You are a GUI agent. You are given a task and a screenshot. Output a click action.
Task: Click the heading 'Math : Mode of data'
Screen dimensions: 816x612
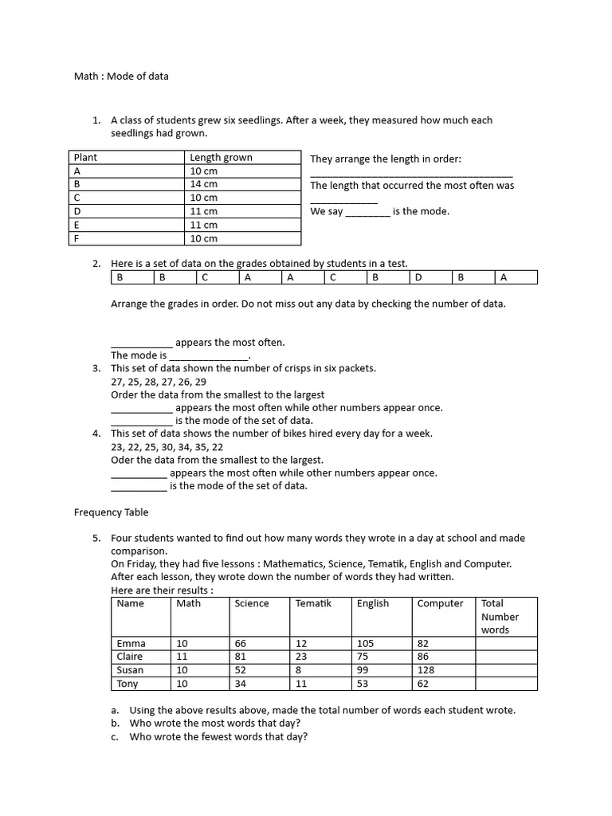(x=121, y=76)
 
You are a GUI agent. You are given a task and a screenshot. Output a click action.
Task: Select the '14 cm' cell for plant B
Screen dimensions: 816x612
(x=203, y=184)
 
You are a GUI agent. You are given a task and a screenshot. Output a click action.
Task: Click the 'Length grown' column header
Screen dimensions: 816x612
(x=221, y=158)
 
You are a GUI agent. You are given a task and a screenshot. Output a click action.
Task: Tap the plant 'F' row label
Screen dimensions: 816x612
(x=77, y=238)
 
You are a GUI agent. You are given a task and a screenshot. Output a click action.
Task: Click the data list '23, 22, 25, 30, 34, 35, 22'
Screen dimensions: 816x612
(x=167, y=447)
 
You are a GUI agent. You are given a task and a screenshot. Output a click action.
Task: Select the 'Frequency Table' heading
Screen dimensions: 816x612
(x=111, y=512)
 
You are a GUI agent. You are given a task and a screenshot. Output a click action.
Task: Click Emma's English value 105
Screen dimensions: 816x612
(x=366, y=643)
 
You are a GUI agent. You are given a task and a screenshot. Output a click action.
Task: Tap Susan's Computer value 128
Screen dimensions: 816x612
(x=426, y=670)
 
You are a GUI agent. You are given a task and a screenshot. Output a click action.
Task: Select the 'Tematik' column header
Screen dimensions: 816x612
(x=312, y=603)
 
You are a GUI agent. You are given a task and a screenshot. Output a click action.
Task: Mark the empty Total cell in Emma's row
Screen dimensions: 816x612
(x=506, y=643)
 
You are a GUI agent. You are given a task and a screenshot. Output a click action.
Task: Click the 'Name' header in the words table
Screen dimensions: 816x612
(x=130, y=603)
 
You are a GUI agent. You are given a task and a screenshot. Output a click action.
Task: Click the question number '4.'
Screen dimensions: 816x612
(x=96, y=433)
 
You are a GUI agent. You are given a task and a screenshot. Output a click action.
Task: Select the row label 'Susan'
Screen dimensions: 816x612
(x=130, y=670)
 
